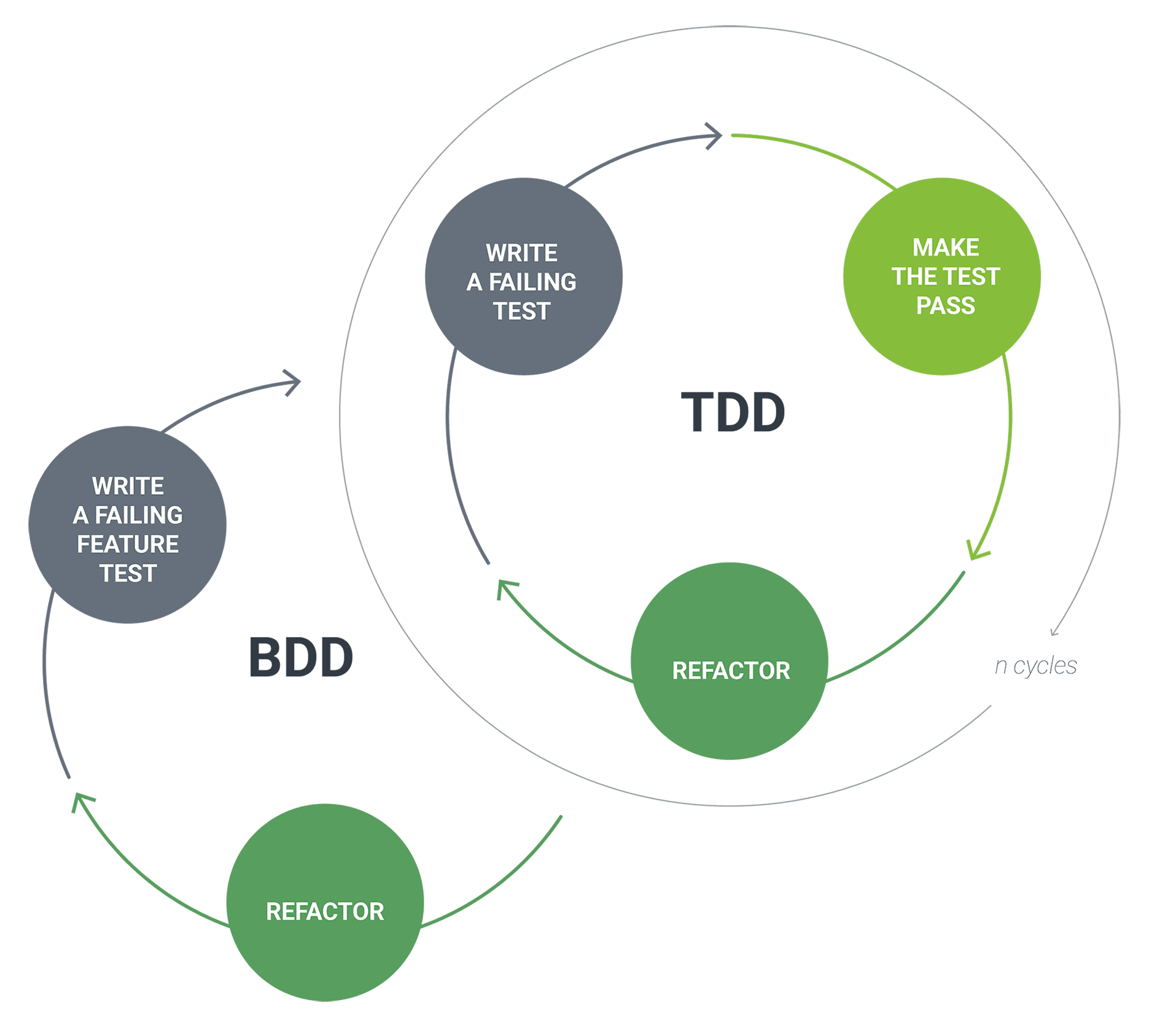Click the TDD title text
pyautogui.click(x=733, y=412)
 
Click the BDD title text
pyautogui.click(x=301, y=657)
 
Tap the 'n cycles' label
pyautogui.click(x=1035, y=666)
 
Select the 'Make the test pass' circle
pyautogui.click(x=941, y=276)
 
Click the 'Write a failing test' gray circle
pyautogui.click(x=523, y=276)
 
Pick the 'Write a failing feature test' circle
pyautogui.click(x=128, y=525)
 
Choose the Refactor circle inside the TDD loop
pyautogui.click(x=730, y=661)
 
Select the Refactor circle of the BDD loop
pyautogui.click(x=325, y=902)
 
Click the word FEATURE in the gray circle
pyautogui.click(x=128, y=544)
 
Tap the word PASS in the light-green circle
pyautogui.click(x=946, y=305)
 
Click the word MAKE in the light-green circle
pyautogui.click(x=946, y=248)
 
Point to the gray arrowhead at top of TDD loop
pyautogui.click(x=714, y=136)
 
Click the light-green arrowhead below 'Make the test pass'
pyautogui.click(x=977, y=550)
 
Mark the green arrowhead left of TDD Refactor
pyautogui.click(x=507, y=589)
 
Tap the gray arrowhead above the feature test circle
pyautogui.click(x=293, y=383)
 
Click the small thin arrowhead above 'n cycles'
pyautogui.click(x=1054, y=632)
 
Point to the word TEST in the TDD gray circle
pyautogui.click(x=521, y=311)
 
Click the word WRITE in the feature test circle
pyautogui.click(x=128, y=486)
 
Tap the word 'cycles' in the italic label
pyautogui.click(x=1045, y=666)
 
